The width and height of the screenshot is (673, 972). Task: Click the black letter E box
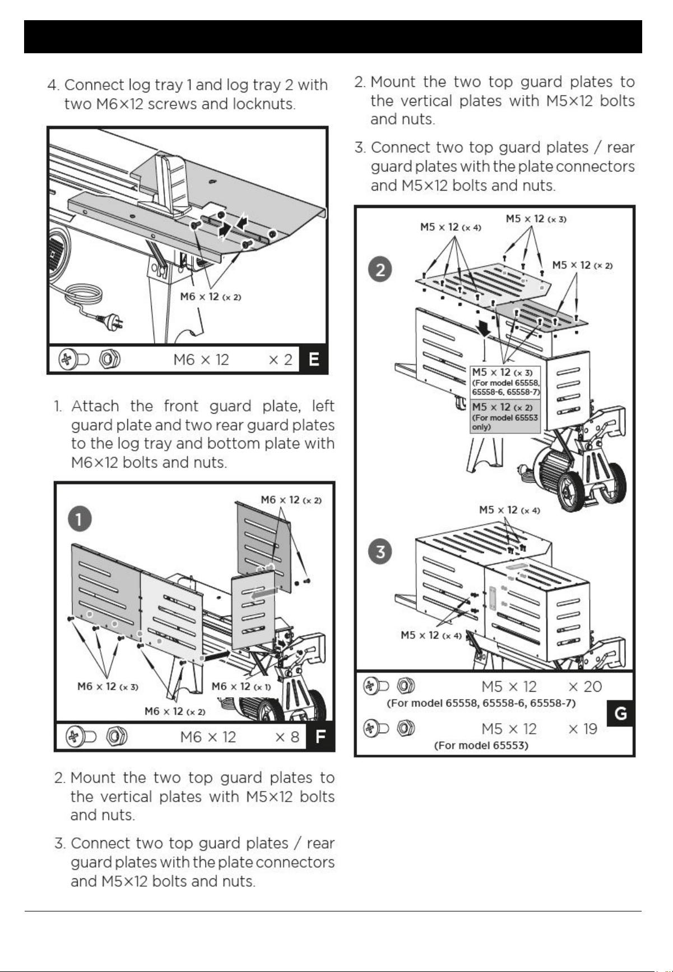[x=314, y=359]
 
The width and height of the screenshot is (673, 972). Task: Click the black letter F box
[x=321, y=737]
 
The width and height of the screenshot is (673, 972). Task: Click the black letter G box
[x=620, y=714]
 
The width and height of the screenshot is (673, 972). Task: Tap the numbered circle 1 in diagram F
[x=80, y=520]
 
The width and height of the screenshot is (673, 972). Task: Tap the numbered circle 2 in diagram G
[x=380, y=270]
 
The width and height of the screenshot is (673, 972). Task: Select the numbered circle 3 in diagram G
[x=380, y=552]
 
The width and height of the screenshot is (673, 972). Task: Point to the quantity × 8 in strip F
[x=287, y=737]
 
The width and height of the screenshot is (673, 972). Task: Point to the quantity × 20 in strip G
[x=585, y=687]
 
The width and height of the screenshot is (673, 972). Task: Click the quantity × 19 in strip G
[x=583, y=729]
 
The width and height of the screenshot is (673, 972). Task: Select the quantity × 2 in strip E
[x=281, y=359]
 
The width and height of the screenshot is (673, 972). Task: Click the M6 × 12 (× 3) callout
[x=108, y=686]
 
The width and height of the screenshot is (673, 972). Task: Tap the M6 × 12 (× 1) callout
[x=241, y=686]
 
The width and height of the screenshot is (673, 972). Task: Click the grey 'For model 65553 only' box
[x=505, y=416]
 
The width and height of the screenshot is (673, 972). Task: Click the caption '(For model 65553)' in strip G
[x=481, y=746]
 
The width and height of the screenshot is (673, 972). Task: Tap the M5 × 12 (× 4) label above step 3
[x=509, y=510]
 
